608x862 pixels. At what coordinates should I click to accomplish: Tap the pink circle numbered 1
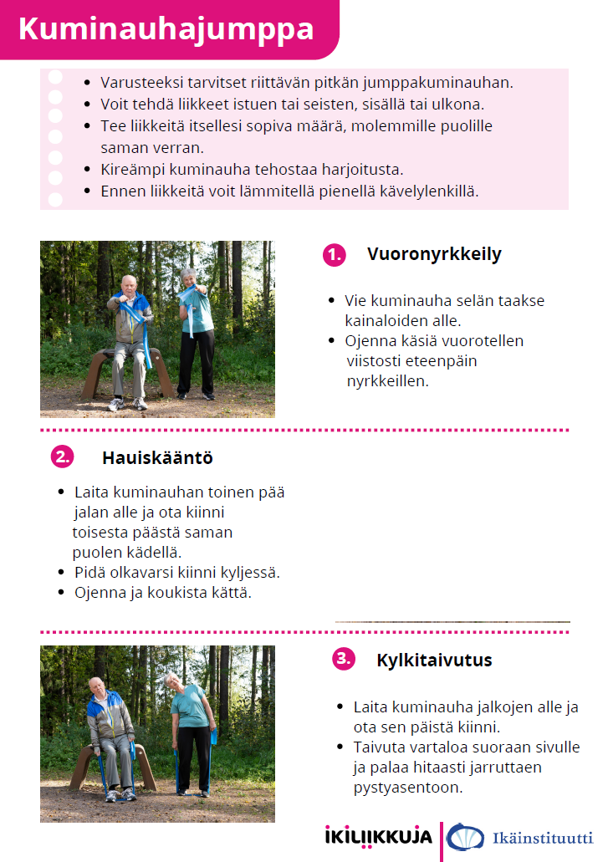[334, 256]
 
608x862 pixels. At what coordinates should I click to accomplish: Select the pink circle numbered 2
[62, 457]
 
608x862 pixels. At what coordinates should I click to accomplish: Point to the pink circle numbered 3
[344, 659]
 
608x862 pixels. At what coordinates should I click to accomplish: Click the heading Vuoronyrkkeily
[434, 254]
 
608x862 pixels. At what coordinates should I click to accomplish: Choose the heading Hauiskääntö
[157, 458]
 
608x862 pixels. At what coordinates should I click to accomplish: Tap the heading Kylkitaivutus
[434, 660]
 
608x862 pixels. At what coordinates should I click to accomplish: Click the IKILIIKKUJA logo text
[378, 836]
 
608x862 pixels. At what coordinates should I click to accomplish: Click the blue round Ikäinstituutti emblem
[465, 837]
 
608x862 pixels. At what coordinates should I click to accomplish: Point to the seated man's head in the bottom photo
[98, 685]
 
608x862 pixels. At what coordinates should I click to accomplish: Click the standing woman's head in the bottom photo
[171, 682]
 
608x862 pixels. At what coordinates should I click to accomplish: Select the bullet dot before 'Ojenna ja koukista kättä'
[61, 593]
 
